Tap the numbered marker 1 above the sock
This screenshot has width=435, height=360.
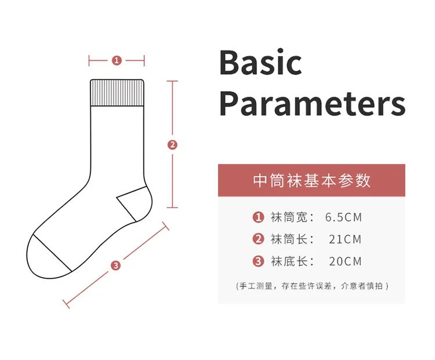point(117,60)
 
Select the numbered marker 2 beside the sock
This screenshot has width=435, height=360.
point(172,144)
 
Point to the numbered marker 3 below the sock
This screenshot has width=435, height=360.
point(115,266)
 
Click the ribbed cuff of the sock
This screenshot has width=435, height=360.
point(117,93)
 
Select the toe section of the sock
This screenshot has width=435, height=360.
point(46,258)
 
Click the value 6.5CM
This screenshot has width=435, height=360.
point(344,217)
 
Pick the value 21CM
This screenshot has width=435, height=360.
point(346,239)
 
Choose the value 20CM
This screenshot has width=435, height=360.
point(346,261)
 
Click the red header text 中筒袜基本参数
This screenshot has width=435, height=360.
point(311,180)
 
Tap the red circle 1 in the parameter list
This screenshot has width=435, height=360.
point(258,217)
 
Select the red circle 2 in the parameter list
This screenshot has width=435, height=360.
point(258,239)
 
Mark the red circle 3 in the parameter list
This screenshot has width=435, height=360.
point(258,261)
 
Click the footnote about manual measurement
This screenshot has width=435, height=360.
point(312,286)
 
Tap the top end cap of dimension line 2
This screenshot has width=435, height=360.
point(172,81)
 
